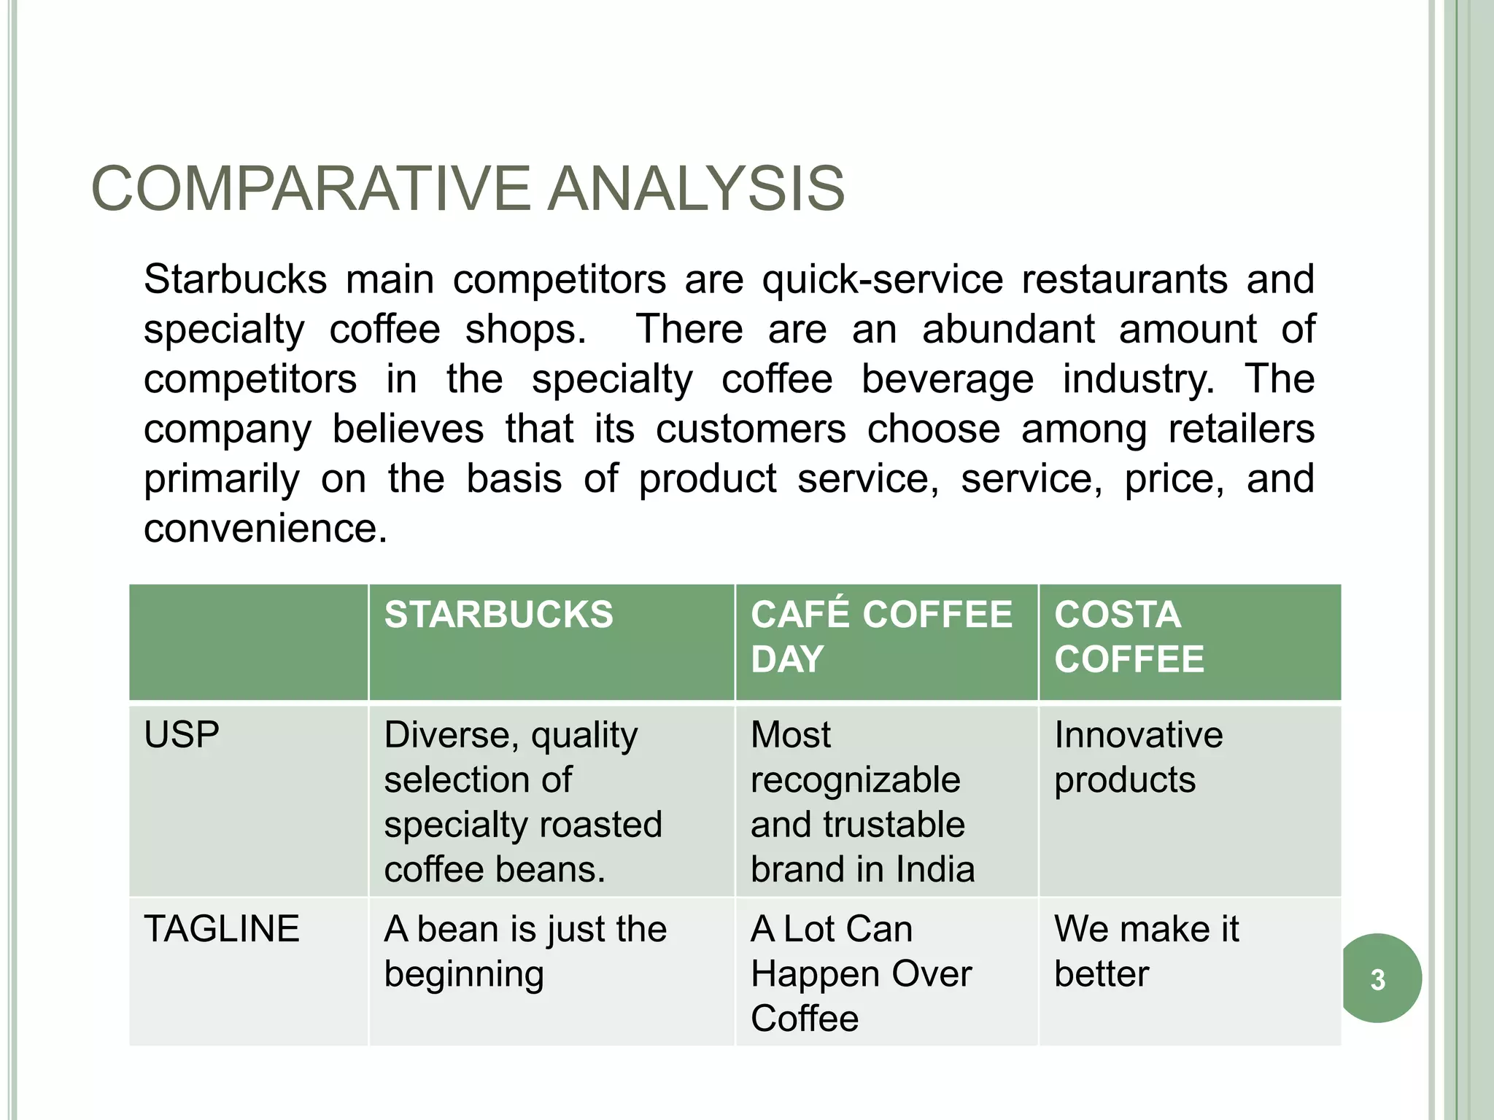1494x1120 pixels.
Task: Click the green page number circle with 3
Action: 1378,979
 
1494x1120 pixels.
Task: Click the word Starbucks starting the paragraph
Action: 235,280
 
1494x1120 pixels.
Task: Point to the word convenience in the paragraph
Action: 264,529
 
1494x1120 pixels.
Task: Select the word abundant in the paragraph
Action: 1008,330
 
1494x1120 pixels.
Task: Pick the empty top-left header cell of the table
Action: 248,642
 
